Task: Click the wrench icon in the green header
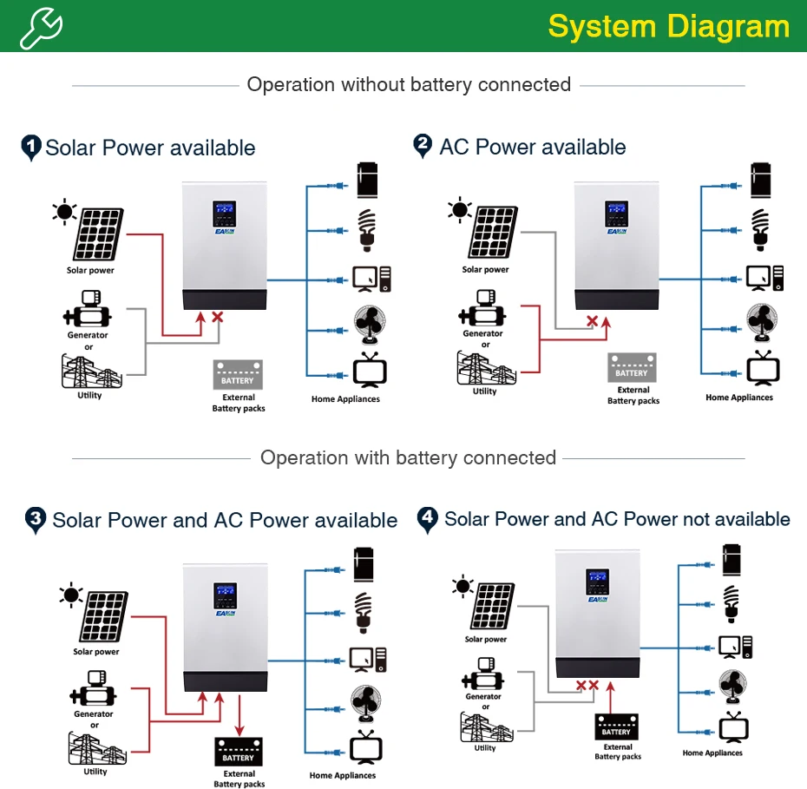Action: point(41,28)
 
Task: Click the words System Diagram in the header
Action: point(668,26)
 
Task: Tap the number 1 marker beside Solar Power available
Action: point(31,148)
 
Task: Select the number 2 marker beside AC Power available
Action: point(423,146)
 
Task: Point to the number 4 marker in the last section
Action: point(428,519)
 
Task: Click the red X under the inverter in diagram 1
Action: point(218,317)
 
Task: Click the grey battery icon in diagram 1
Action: point(238,375)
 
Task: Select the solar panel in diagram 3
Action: point(103,616)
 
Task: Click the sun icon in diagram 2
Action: point(460,209)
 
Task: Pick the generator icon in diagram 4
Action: point(482,674)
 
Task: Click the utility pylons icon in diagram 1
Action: point(92,371)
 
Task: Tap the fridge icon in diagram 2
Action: point(761,181)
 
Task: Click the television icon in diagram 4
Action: point(733,727)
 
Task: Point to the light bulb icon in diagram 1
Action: point(366,230)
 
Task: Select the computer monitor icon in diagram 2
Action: point(758,278)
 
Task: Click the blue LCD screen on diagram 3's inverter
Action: point(226,596)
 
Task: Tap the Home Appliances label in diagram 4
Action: point(712,753)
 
